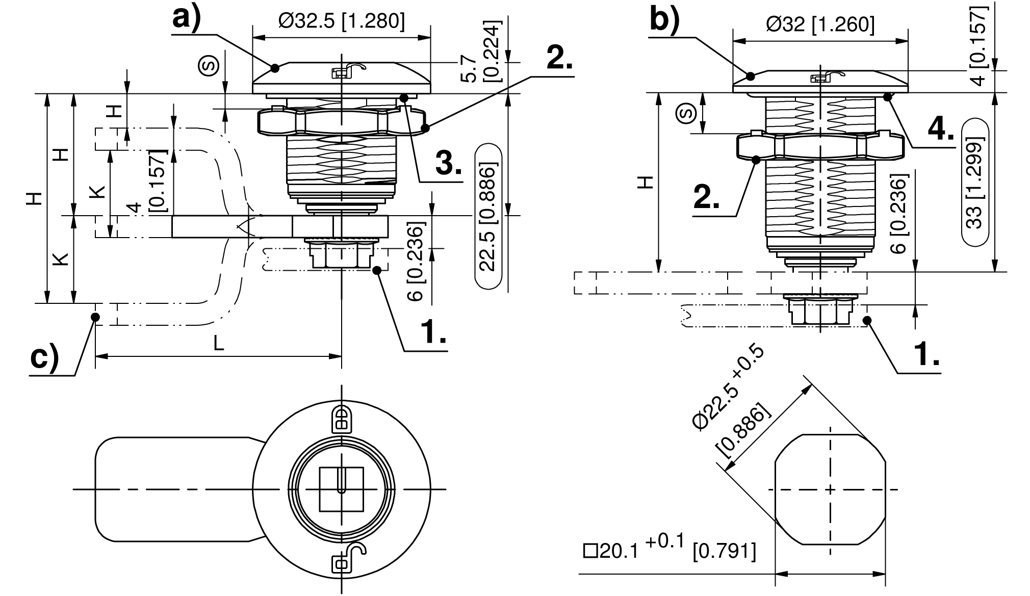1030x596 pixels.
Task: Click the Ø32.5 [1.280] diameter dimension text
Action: point(342,22)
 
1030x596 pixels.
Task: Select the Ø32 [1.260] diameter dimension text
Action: point(820,24)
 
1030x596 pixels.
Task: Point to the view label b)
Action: point(665,21)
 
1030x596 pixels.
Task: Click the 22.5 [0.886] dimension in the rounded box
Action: point(488,217)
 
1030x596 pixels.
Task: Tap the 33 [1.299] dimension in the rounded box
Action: point(974,182)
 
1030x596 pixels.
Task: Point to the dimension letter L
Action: point(218,344)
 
